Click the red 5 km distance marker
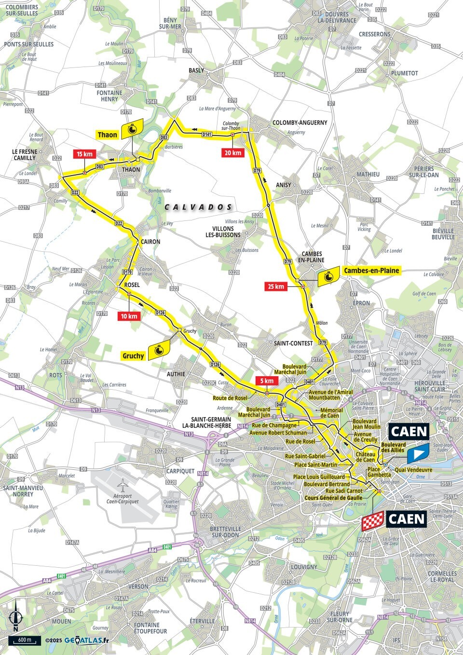(x=266, y=381)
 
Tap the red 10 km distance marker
(x=129, y=316)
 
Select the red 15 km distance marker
(x=84, y=154)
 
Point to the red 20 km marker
(x=232, y=153)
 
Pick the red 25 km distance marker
(x=276, y=287)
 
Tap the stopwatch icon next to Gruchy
(x=161, y=350)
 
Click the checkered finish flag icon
(x=372, y=520)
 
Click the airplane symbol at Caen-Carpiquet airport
(x=123, y=483)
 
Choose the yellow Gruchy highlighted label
(x=133, y=356)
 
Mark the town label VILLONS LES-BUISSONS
(x=223, y=232)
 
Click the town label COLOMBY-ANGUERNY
(x=300, y=123)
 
